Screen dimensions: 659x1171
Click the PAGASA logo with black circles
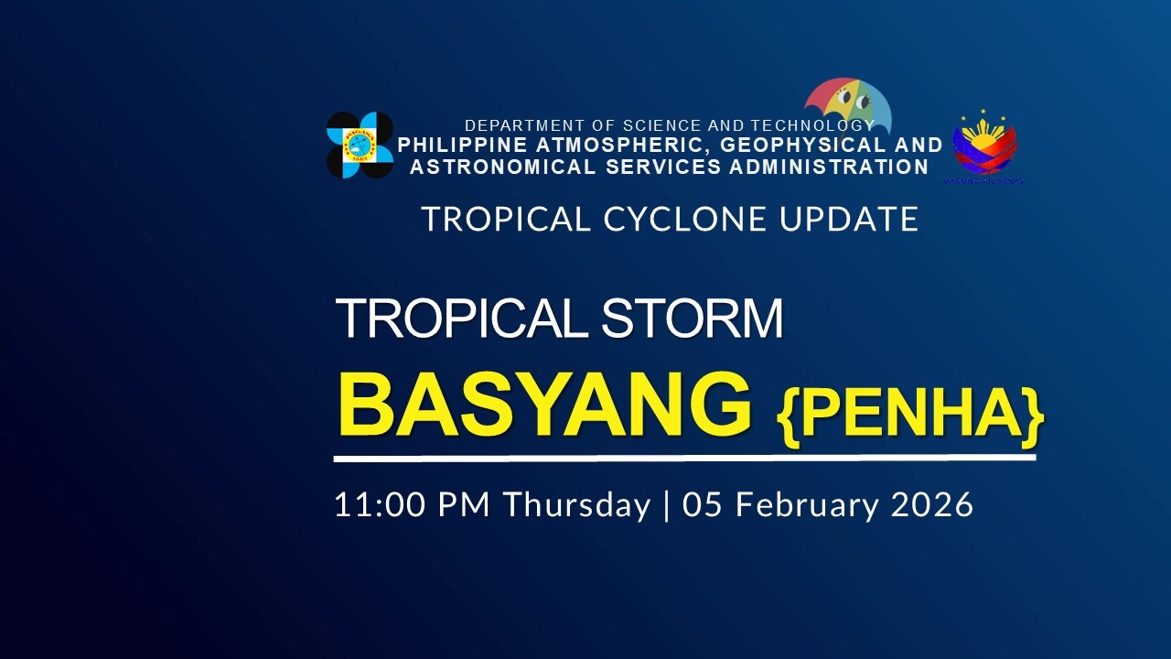point(360,145)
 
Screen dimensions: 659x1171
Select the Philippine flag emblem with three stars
point(984,146)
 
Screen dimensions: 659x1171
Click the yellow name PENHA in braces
point(910,414)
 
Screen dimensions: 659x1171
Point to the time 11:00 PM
point(413,504)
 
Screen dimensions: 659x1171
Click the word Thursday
point(576,504)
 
